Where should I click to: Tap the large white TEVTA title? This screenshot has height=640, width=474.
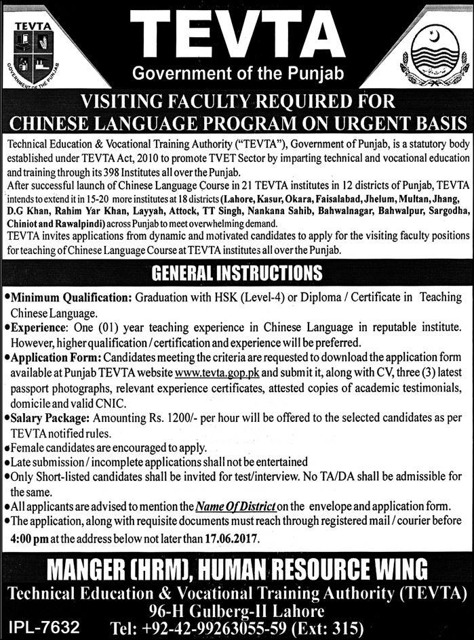pyautogui.click(x=237, y=30)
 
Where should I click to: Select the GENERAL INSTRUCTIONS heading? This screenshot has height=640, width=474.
pyautogui.click(x=236, y=274)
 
